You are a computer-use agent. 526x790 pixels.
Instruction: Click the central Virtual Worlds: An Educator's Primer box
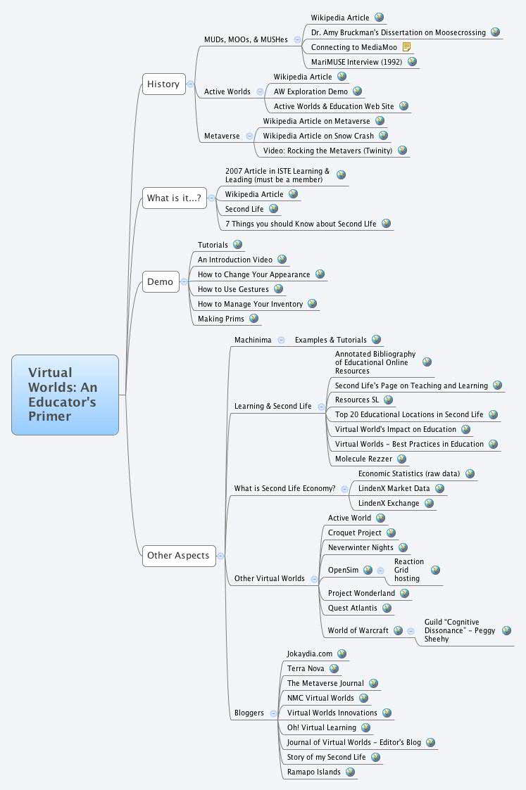click(65, 395)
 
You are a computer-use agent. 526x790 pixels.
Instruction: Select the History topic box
click(163, 84)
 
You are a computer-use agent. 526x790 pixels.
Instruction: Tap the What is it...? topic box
click(174, 198)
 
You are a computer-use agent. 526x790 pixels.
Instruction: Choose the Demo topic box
click(160, 282)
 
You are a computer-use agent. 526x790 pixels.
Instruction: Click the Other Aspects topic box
click(178, 556)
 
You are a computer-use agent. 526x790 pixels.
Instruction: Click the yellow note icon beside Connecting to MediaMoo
click(407, 47)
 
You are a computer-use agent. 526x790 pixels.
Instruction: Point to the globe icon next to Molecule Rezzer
click(401, 459)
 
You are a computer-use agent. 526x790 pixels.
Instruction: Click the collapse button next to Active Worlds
click(260, 91)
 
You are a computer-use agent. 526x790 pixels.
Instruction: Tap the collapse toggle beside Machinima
click(281, 340)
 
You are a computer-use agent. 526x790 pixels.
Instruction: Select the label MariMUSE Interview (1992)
click(356, 62)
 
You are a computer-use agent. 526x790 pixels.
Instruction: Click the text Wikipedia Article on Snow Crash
click(318, 136)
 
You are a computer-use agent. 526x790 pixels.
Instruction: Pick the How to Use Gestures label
click(233, 289)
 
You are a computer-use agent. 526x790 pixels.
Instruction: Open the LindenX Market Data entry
click(394, 488)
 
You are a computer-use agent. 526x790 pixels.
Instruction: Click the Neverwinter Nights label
click(361, 547)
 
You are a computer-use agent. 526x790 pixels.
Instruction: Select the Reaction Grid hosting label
click(408, 570)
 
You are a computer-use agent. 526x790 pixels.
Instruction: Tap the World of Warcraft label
click(358, 630)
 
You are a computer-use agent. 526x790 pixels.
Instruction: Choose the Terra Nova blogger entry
click(306, 668)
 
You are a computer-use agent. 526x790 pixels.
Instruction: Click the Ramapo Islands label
click(313, 772)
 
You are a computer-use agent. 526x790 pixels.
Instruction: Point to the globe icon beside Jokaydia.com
click(342, 654)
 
